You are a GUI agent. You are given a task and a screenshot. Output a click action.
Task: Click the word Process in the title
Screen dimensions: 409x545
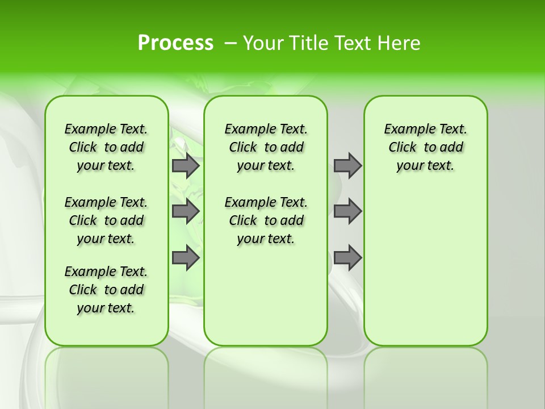[x=175, y=43]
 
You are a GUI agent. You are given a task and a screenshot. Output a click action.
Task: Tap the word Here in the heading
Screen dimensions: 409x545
[x=399, y=43]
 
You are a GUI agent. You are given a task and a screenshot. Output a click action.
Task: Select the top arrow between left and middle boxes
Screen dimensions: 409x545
[x=185, y=165]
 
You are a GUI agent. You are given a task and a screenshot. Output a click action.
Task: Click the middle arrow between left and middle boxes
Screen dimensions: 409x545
[x=185, y=211]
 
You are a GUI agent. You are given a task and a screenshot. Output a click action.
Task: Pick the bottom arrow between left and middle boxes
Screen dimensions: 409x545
[x=185, y=258]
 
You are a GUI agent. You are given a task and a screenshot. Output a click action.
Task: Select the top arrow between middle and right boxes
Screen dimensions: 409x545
[x=347, y=165]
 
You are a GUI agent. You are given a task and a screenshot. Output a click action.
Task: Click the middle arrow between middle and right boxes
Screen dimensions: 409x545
[x=347, y=211]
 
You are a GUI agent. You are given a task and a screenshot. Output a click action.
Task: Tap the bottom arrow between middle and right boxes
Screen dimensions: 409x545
[x=347, y=258]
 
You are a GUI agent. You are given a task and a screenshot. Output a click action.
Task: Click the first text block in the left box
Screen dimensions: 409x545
[x=106, y=147]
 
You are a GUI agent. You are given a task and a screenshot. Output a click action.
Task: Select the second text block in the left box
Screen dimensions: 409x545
[x=106, y=220]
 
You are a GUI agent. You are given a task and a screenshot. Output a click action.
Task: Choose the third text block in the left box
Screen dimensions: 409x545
[x=106, y=290]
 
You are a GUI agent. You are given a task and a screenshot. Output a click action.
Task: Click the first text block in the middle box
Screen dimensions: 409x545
[x=266, y=147]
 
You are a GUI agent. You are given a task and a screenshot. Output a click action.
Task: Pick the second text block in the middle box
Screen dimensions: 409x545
[x=266, y=220]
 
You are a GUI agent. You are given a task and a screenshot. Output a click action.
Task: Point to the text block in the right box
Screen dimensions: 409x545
[x=426, y=147]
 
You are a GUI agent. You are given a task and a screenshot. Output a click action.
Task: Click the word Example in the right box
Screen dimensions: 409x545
[x=405, y=130]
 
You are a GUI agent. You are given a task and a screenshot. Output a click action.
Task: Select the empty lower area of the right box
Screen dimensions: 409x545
[x=426, y=267]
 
